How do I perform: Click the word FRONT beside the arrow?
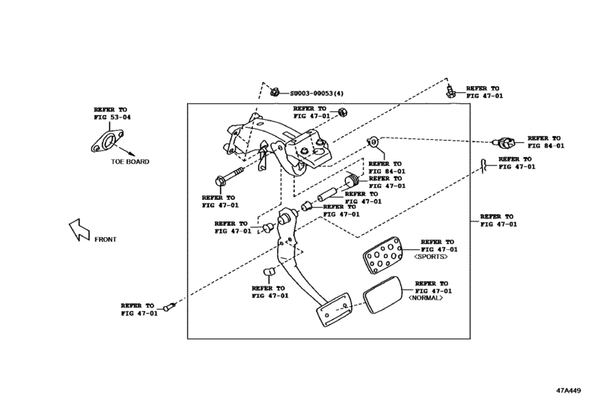point(105,239)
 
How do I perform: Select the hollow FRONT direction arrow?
point(77,230)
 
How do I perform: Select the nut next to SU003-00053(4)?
point(274,93)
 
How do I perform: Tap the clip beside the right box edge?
point(484,164)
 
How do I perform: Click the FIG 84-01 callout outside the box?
point(545,142)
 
